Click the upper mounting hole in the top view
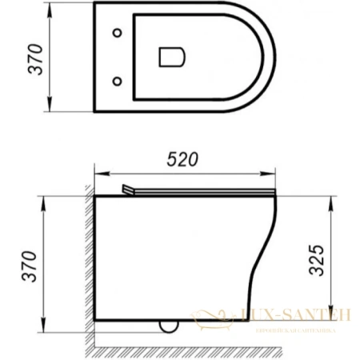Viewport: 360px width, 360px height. (119, 34)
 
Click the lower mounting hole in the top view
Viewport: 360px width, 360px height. (119, 81)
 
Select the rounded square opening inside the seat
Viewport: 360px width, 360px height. (171, 57)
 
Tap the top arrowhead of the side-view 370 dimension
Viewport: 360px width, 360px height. (41, 196)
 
